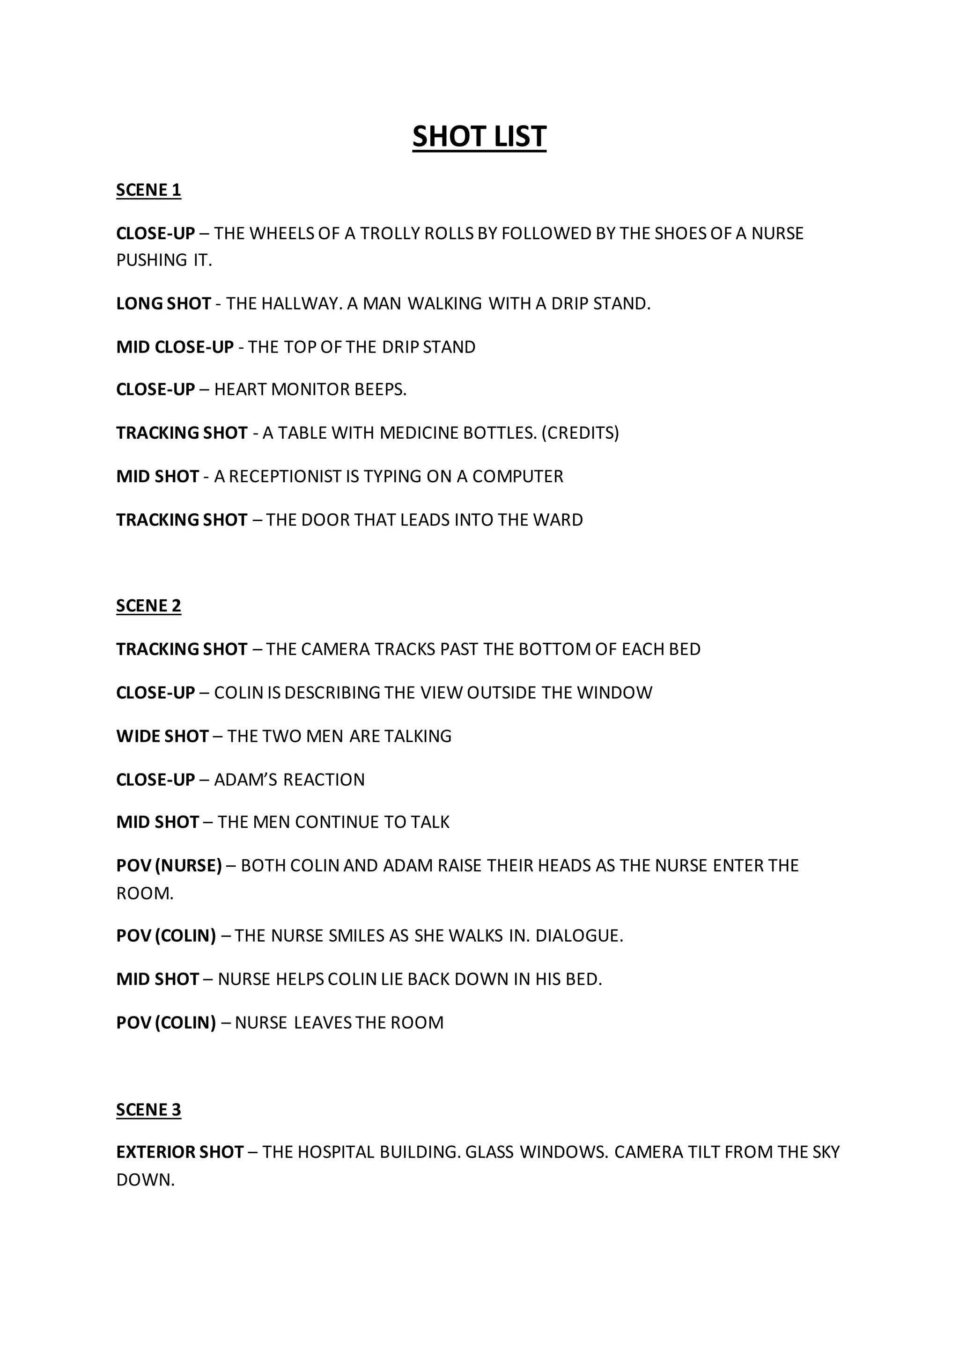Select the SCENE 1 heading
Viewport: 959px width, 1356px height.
[148, 190]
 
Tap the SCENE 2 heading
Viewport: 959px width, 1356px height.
[148, 606]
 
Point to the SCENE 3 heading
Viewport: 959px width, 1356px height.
[148, 1110]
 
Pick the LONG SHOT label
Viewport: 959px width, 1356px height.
[163, 303]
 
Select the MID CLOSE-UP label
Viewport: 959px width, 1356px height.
[175, 347]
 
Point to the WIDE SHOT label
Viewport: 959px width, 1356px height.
[162, 737]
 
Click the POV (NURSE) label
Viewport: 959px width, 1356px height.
[169, 866]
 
